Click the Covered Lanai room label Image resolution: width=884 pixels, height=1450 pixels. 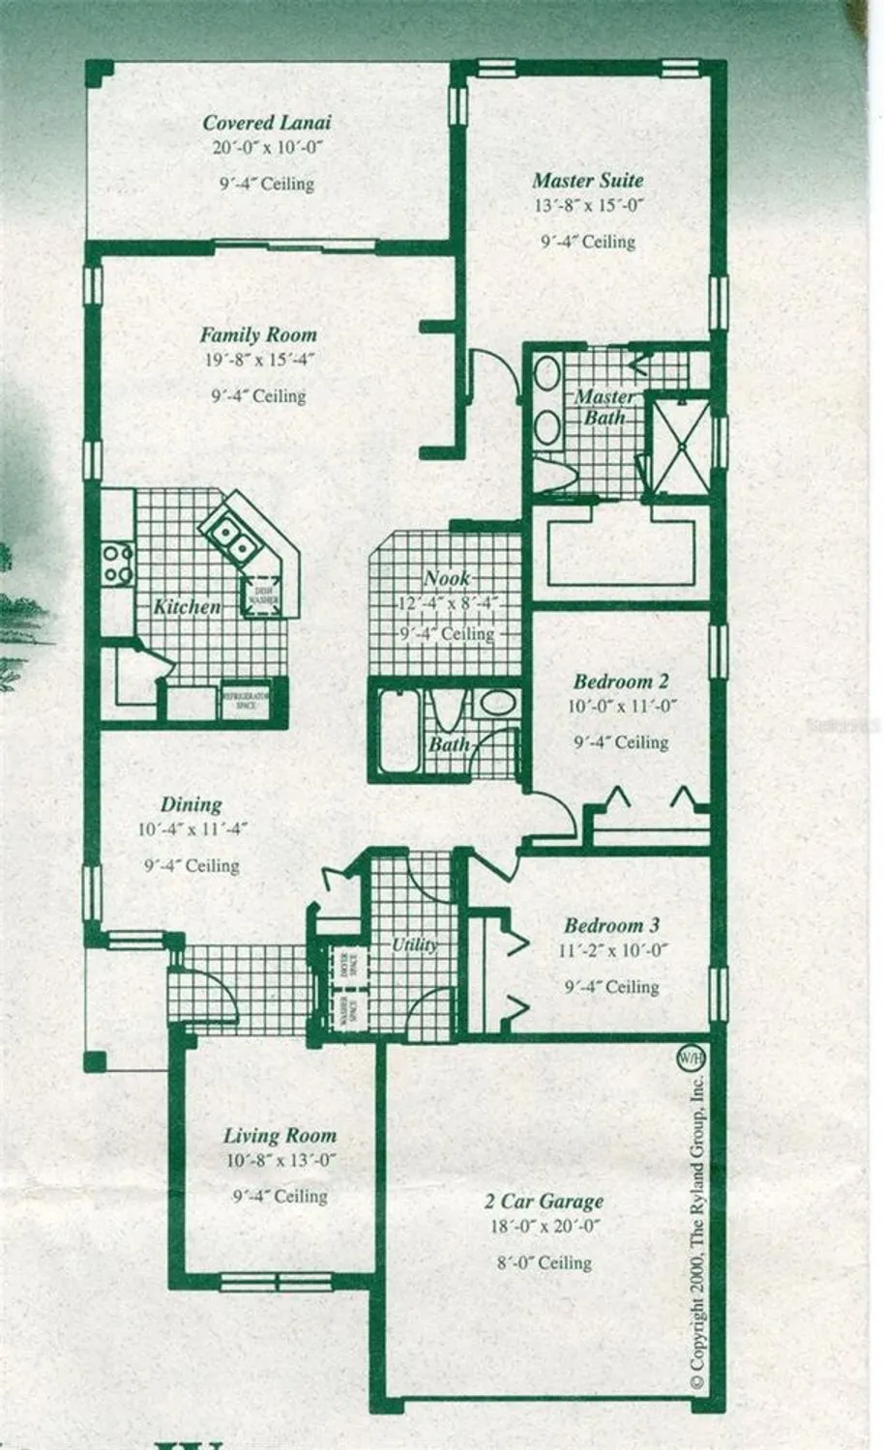click(x=267, y=123)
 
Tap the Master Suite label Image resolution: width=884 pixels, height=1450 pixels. click(x=587, y=181)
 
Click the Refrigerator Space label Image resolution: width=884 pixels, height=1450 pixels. click(x=245, y=702)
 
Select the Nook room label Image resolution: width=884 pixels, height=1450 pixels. click(x=447, y=579)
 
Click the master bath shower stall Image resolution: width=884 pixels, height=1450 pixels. click(x=681, y=444)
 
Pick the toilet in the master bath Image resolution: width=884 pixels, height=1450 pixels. click(x=552, y=476)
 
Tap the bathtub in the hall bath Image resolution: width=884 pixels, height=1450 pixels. click(x=398, y=731)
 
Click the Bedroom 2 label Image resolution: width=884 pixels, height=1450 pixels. click(x=620, y=681)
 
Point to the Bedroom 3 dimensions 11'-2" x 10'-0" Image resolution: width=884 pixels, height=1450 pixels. click(x=613, y=950)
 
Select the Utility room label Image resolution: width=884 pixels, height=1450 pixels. click(x=414, y=944)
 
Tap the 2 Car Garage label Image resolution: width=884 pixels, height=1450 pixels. click(x=544, y=1202)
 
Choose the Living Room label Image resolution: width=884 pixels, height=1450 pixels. click(x=280, y=1136)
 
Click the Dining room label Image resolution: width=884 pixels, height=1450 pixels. click(x=191, y=804)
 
